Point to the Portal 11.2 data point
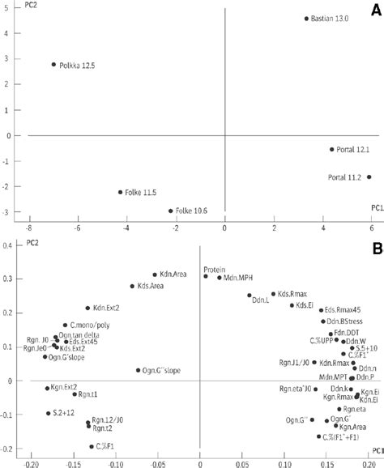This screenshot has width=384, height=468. coord(369,177)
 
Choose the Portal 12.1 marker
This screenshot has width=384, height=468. coord(331,149)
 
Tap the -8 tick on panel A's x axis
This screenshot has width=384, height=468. coord(30,229)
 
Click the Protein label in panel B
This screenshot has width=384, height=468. coord(214,269)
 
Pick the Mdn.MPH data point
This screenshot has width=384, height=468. coord(219,278)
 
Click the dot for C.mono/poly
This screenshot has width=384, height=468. coord(65,325)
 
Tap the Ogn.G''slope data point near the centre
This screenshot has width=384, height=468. coord(138,370)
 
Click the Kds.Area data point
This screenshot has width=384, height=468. coord(132,286)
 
